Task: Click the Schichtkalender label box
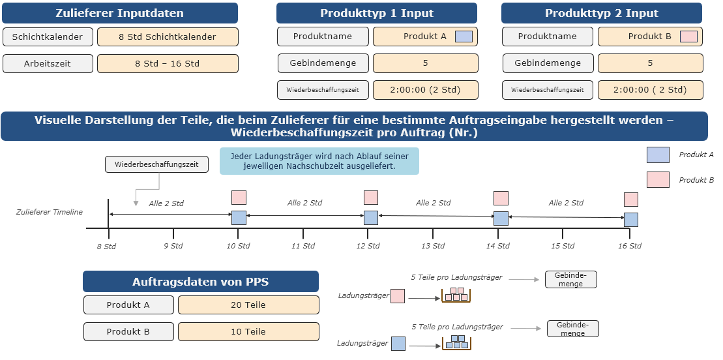(x=48, y=37)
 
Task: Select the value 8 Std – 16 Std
(x=168, y=64)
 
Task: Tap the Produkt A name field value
(x=425, y=37)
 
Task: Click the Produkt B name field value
(x=650, y=37)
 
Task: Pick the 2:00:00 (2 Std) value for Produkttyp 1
(x=425, y=90)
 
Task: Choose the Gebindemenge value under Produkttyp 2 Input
(x=650, y=63)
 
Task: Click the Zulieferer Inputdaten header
(x=120, y=13)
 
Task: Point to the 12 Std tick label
(x=368, y=246)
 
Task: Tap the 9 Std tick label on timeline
(x=173, y=246)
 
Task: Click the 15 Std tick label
(x=563, y=246)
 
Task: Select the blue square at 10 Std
(x=239, y=217)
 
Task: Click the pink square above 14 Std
(x=501, y=198)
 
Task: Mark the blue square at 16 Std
(x=631, y=220)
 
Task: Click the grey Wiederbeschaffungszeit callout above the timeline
(x=156, y=164)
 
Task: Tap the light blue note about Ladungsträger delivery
(x=319, y=161)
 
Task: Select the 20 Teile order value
(x=248, y=305)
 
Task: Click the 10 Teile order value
(x=248, y=331)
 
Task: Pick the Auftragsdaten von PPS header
(x=201, y=282)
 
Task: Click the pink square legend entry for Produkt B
(x=658, y=179)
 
